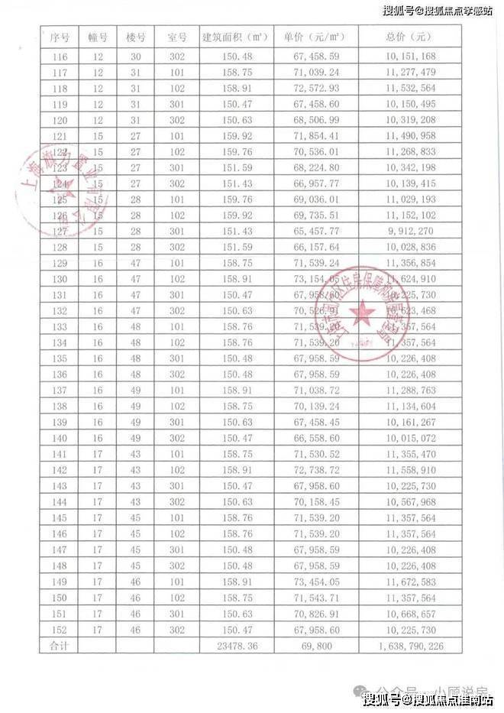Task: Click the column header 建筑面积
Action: click(x=236, y=37)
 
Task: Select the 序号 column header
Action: click(x=59, y=37)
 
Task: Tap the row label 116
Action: click(x=59, y=57)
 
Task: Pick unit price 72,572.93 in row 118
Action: click(x=310, y=88)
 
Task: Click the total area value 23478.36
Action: click(x=236, y=647)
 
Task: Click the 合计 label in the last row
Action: click(x=59, y=647)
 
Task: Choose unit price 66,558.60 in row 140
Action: click(x=310, y=438)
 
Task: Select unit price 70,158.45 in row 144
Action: click(x=310, y=502)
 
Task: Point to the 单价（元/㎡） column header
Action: click(x=310, y=37)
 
